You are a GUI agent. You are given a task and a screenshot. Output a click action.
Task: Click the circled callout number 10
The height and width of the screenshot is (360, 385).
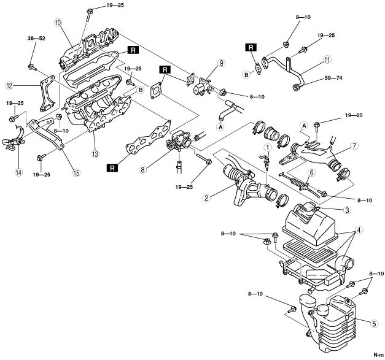58,23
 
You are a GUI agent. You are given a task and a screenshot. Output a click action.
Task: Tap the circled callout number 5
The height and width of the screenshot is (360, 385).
374,324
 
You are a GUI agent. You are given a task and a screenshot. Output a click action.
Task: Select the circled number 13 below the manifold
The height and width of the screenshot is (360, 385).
95,155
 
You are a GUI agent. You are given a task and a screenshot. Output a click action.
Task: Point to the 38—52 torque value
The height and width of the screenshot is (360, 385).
36,39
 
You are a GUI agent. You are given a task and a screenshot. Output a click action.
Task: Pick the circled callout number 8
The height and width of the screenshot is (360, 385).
143,169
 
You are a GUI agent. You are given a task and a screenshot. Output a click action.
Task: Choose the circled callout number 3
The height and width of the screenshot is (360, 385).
347,210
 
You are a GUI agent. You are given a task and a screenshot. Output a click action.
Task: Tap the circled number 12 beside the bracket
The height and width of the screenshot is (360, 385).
10,86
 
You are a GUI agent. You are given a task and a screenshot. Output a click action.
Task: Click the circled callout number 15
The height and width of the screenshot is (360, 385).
76,173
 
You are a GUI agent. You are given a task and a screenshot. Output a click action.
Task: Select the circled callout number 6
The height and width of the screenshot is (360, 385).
311,173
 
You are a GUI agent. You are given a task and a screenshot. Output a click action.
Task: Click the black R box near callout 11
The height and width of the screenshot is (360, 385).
251,47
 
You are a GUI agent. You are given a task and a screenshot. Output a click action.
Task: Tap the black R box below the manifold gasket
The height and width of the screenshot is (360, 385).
112,168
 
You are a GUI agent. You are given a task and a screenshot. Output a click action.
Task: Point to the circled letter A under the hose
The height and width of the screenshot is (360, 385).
220,127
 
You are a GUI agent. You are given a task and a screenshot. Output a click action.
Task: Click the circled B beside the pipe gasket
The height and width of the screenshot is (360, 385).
246,75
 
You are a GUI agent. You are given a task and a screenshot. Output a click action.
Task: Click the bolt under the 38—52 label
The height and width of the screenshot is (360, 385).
32,67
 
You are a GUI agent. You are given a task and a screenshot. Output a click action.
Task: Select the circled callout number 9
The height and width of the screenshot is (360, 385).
221,63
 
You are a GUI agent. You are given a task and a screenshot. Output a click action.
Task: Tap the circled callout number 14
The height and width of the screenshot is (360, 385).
18,172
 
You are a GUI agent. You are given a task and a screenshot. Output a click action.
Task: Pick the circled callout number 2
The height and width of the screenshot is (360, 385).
206,198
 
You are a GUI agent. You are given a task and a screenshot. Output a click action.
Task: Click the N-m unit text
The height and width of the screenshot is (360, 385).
379,355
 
